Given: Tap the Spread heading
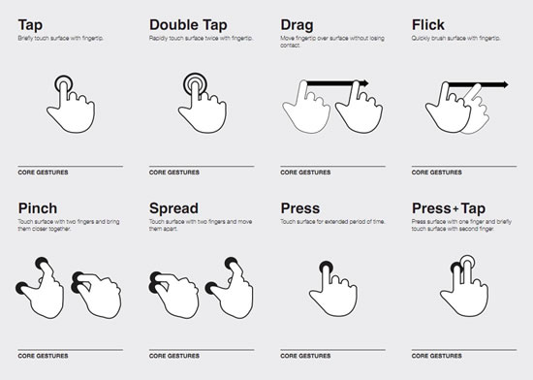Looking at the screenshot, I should tap(175, 208).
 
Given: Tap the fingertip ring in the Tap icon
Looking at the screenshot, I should tap(65, 84).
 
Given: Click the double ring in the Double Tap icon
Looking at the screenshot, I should tap(197, 84).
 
